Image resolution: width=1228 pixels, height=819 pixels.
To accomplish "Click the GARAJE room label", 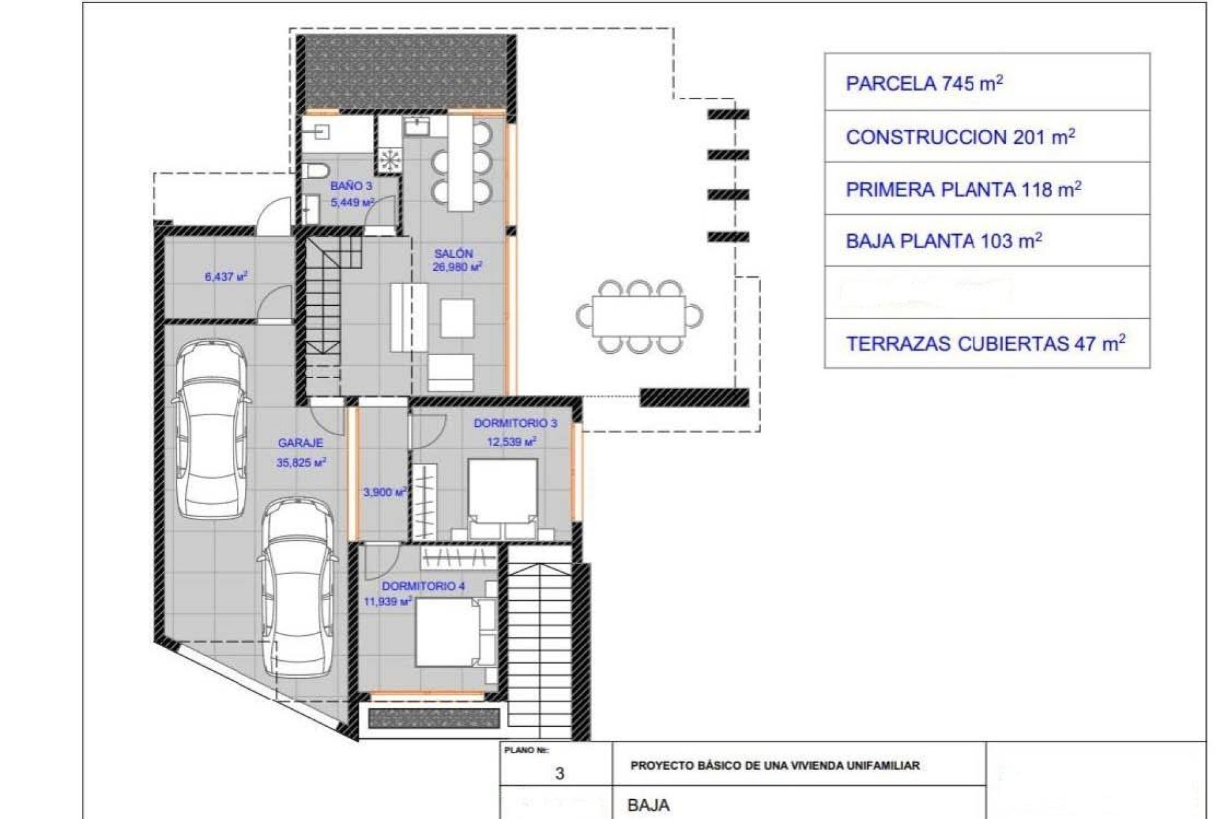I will [x=300, y=443].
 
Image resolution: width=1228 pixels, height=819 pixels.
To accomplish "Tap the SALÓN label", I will [x=453, y=253].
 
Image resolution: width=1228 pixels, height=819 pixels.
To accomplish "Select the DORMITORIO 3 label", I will [x=515, y=423].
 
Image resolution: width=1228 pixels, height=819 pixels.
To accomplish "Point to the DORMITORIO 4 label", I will [x=423, y=586].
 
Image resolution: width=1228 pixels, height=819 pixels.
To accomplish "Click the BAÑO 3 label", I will [x=351, y=186].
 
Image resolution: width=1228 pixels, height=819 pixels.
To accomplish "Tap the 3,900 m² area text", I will [x=384, y=492].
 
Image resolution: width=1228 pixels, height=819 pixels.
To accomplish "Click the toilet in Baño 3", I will [x=315, y=170].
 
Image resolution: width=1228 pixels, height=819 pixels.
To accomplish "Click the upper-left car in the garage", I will [x=211, y=429].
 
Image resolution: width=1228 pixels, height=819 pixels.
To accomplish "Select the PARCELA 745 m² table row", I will [x=987, y=83].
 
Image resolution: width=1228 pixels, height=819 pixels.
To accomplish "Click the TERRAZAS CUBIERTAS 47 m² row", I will [x=987, y=344].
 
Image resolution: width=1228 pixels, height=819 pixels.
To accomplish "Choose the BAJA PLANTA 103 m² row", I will [x=987, y=241].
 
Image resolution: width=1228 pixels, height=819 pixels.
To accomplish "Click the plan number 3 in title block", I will [x=560, y=774].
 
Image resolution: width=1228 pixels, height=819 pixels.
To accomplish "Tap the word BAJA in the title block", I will [x=649, y=805].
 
